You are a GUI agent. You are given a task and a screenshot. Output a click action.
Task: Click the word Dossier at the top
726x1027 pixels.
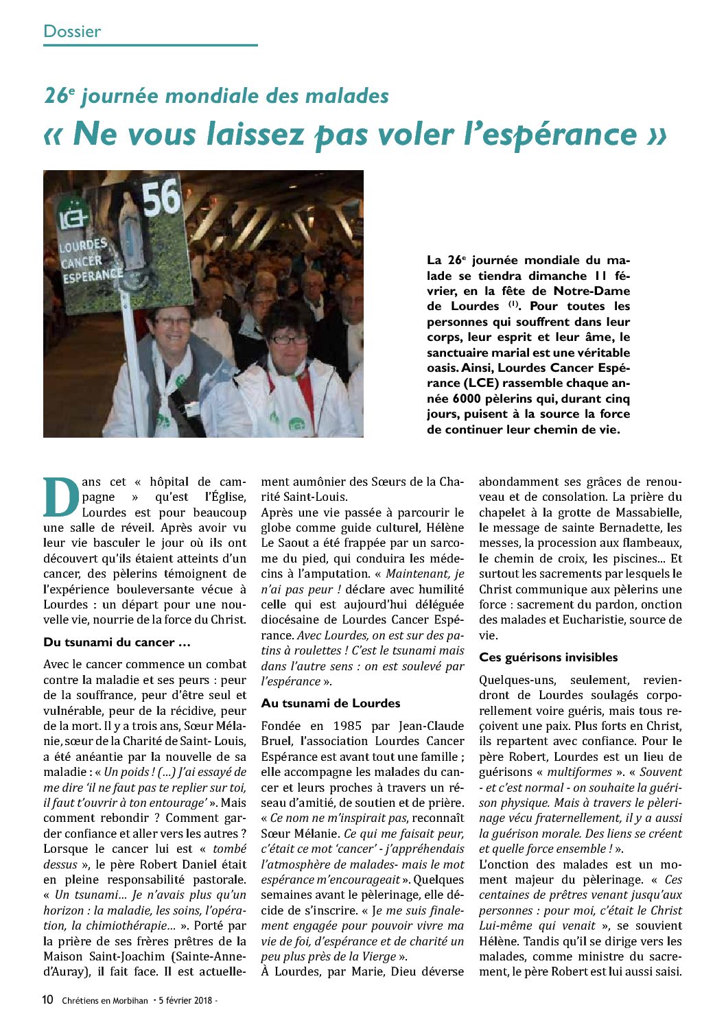72,31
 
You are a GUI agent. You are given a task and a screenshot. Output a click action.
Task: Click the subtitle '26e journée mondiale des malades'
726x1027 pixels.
216,95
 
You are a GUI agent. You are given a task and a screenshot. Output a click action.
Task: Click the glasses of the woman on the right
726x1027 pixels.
289,339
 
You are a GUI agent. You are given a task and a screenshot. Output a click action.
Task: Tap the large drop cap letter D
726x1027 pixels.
61,496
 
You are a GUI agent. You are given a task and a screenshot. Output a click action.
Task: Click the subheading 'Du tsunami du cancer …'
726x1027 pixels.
117,642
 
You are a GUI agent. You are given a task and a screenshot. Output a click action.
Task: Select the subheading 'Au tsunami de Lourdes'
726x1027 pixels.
331,703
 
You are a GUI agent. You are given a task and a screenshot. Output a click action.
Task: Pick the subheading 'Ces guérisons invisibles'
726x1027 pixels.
548,657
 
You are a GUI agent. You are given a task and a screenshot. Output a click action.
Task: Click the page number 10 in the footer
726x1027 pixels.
47,1000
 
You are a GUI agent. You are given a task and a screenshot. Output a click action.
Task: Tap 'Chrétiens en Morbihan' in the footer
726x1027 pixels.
105,1000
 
